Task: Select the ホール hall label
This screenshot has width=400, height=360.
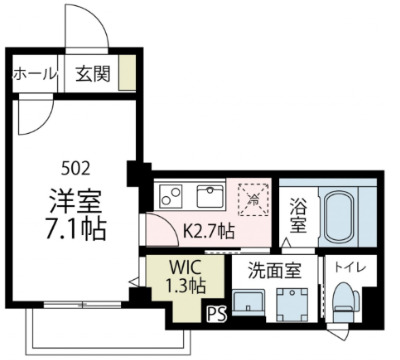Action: pyautogui.click(x=33, y=74)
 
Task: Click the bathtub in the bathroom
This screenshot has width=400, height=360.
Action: pyautogui.click(x=341, y=216)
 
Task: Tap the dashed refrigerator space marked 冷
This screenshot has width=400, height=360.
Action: pyautogui.click(x=254, y=197)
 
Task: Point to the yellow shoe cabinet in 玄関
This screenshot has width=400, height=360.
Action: pyautogui.click(x=127, y=74)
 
